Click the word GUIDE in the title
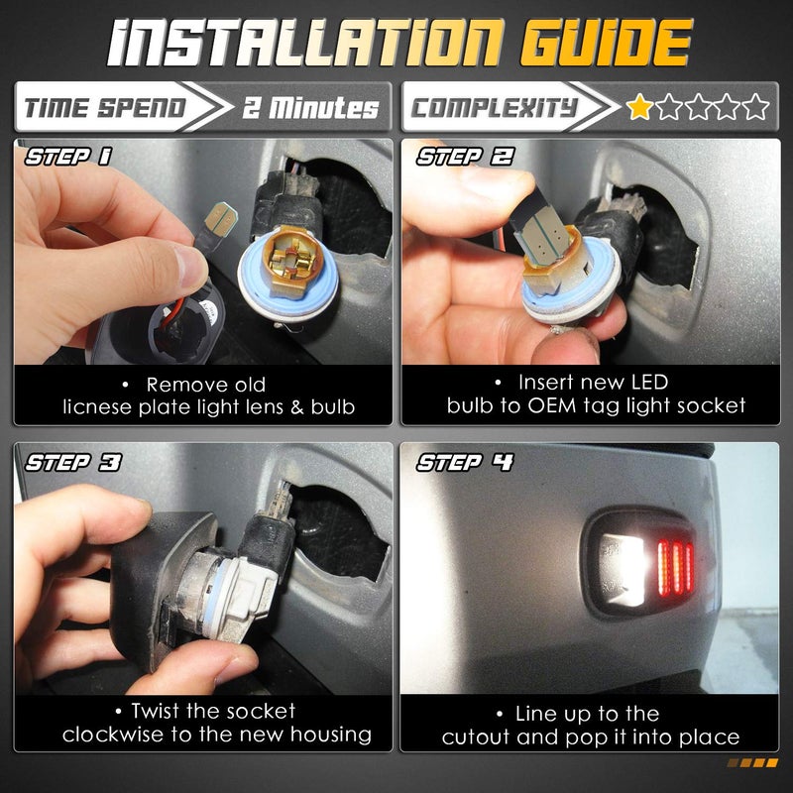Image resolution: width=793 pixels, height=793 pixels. click(606, 43)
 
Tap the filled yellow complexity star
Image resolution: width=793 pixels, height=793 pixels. click(639, 106)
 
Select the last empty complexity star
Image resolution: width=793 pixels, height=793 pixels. click(755, 106)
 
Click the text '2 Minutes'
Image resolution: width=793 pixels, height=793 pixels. click(310, 108)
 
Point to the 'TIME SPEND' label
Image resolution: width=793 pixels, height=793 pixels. click(105, 108)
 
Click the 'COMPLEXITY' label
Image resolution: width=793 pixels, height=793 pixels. click(494, 108)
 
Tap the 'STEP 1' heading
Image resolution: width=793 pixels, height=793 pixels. click(67, 157)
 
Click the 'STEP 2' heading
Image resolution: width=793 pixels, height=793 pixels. click(465, 157)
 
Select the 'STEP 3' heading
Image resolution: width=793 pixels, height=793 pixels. click(73, 462)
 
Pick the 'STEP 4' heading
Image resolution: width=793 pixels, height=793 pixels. click(465, 462)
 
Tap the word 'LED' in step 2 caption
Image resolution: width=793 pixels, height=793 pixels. click(648, 383)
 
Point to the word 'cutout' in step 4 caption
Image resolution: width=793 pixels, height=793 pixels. click(477, 737)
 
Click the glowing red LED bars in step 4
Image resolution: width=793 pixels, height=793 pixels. click(675, 567)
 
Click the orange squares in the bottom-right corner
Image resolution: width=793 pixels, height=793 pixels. click(752, 762)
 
